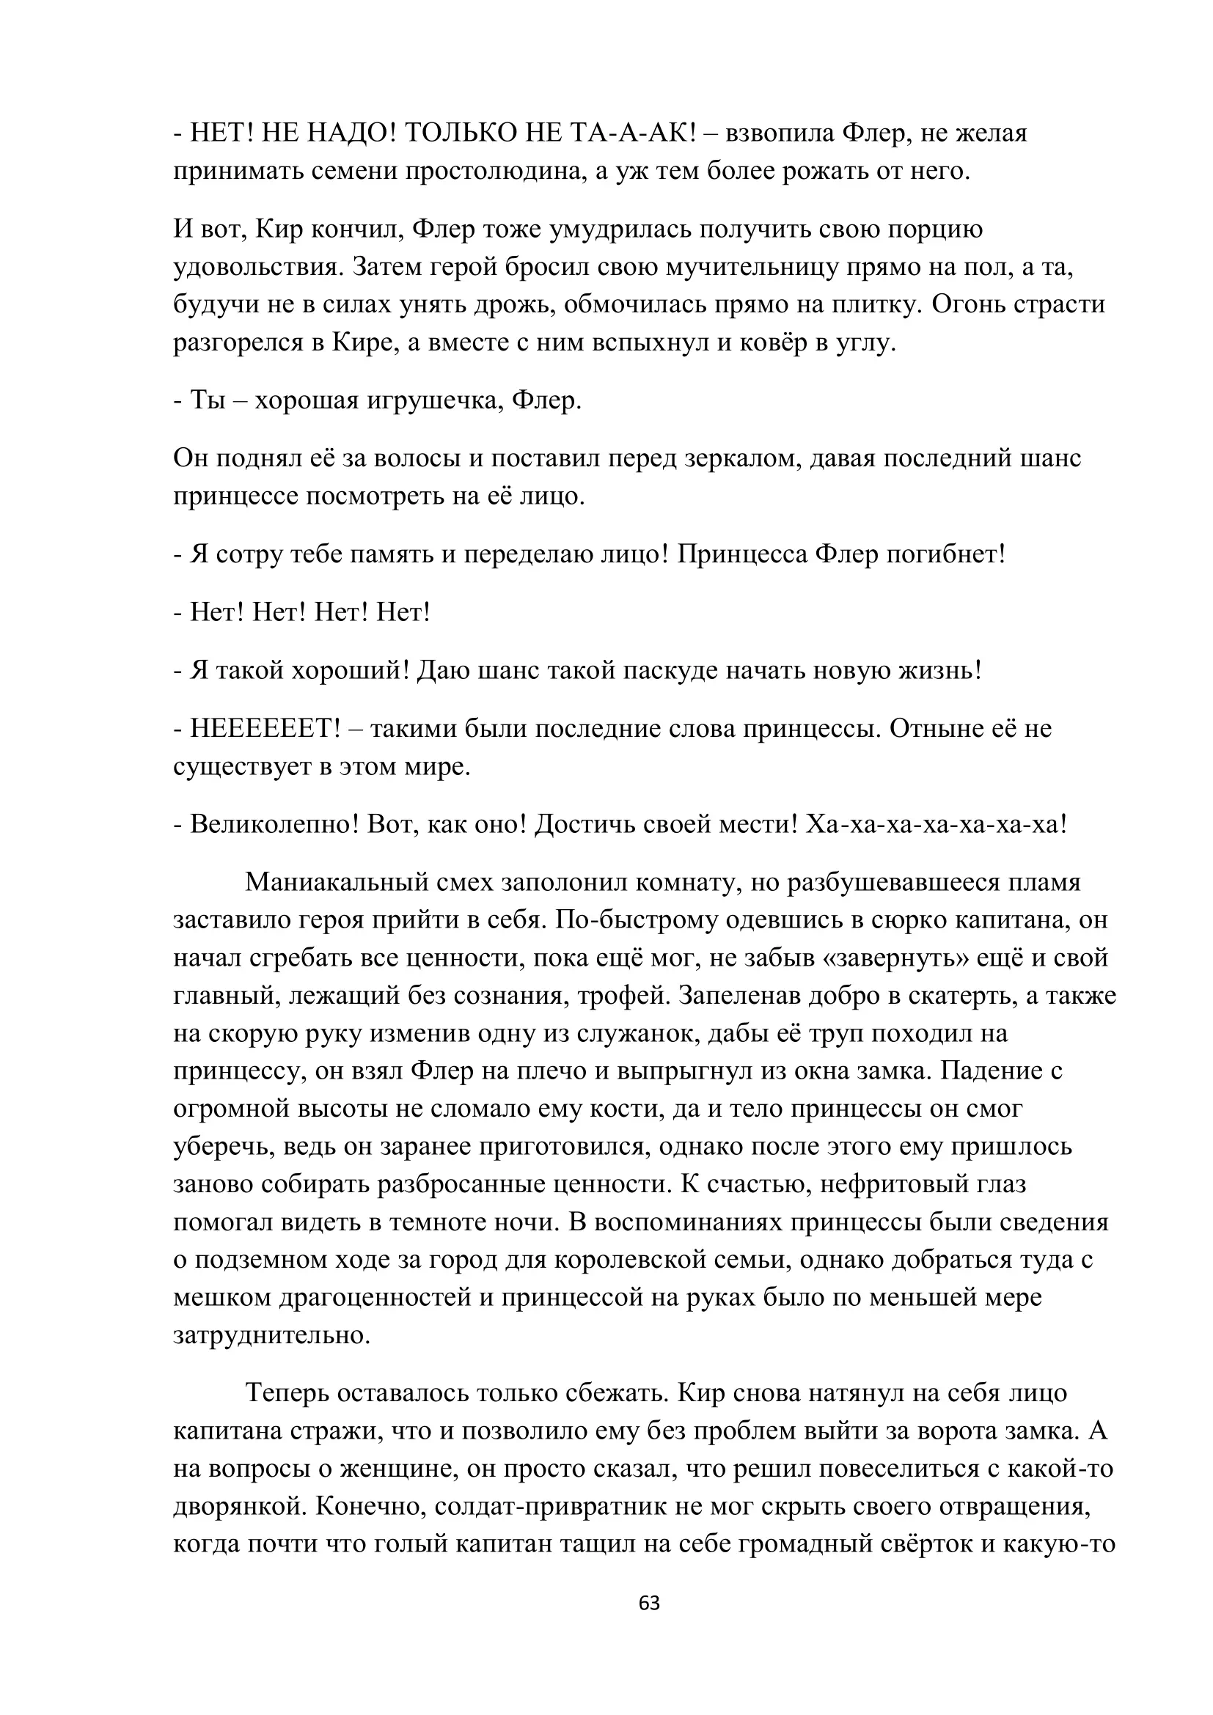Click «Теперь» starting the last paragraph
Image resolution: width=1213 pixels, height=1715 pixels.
pos(287,1393)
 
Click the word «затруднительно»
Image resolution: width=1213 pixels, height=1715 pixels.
pos(272,1334)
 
